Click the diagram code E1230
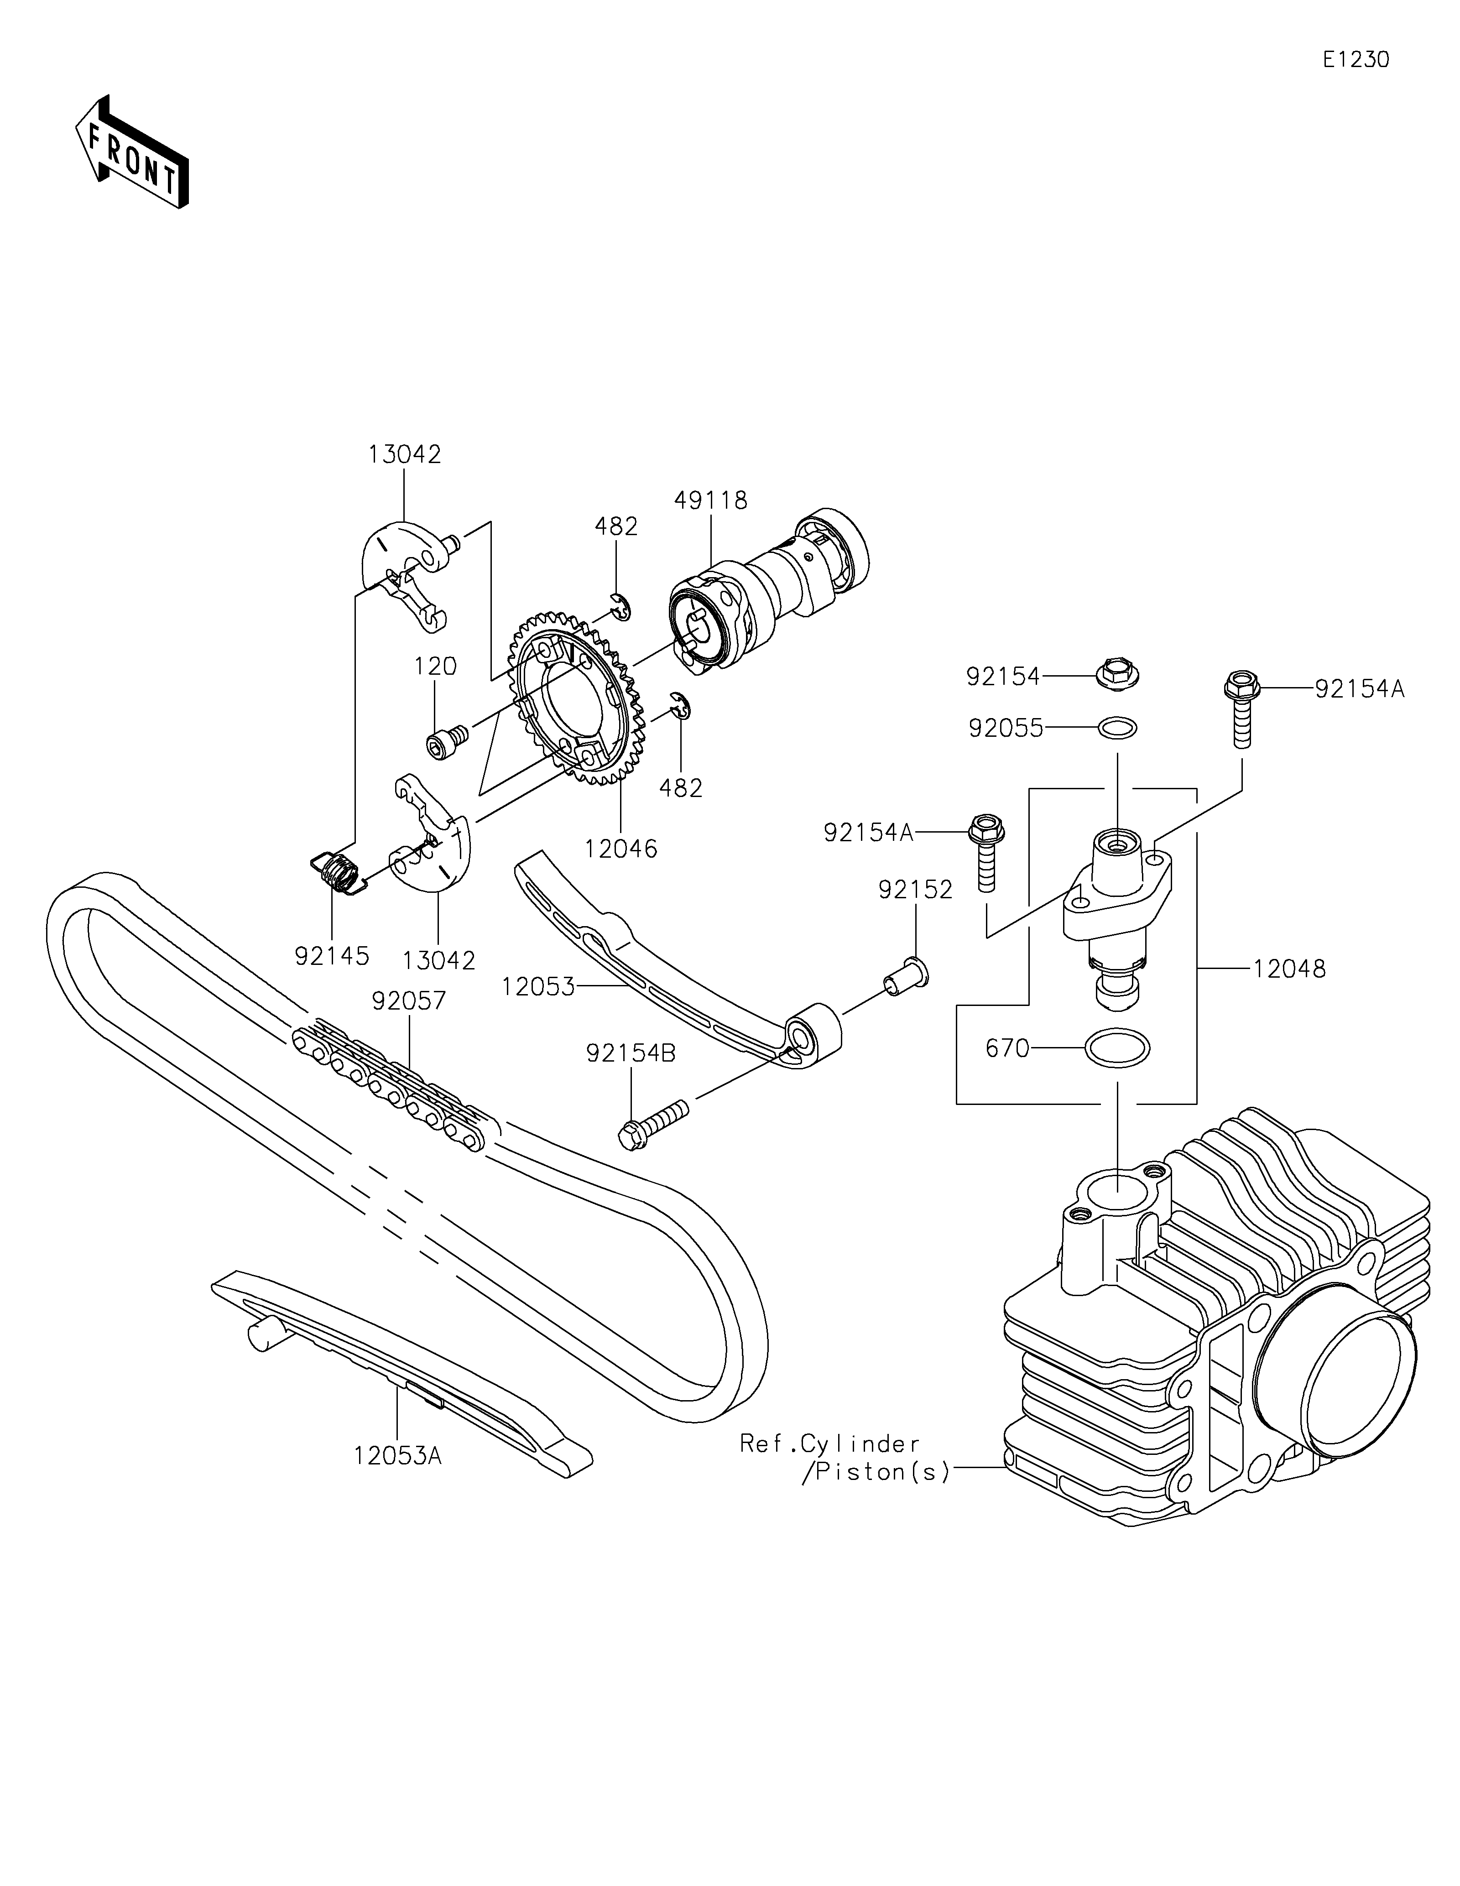point(1356,60)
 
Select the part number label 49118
point(710,500)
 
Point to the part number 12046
point(621,849)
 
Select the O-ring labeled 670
point(1117,1048)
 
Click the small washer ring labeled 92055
point(1117,728)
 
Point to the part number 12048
point(1289,969)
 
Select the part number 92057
point(409,1001)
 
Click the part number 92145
point(332,956)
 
